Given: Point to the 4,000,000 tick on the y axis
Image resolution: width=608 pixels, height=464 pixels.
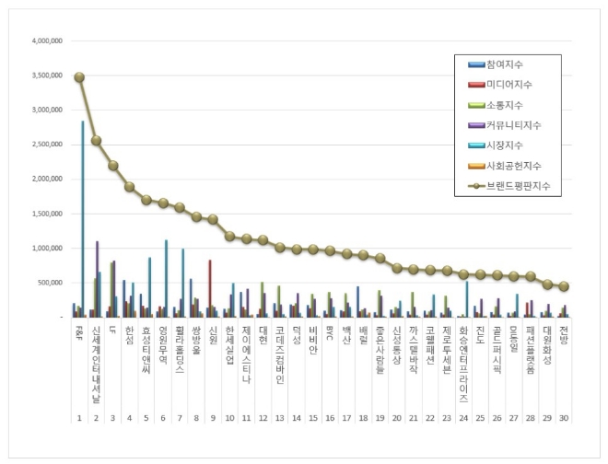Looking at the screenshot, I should coord(47,41).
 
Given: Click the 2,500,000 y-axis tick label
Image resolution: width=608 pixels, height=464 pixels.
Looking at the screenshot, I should coord(47,145).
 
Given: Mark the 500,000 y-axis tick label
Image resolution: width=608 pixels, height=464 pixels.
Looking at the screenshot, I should coord(51,283).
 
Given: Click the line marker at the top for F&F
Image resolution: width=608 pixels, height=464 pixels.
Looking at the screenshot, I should coord(79,77).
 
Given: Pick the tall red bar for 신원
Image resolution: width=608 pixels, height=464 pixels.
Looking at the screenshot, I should coord(210,288).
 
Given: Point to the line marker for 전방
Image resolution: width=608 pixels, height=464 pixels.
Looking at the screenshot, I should coord(564,286).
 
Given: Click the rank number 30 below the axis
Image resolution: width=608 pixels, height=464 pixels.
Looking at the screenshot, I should coord(564,391).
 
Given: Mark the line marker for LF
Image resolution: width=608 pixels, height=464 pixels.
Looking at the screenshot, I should coord(112,166).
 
